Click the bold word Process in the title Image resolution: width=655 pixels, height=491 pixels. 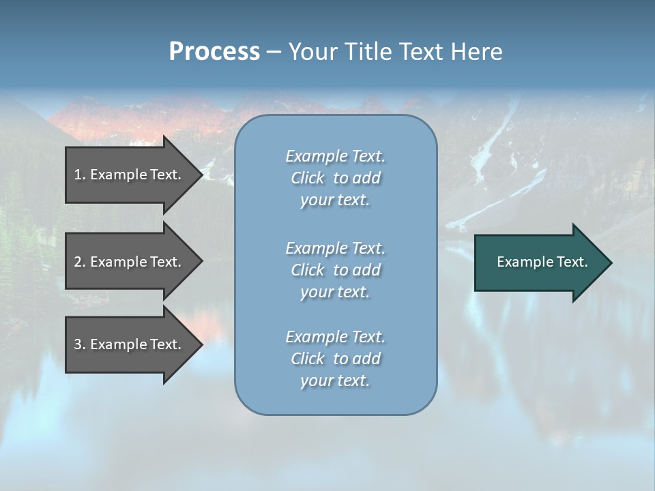(214, 52)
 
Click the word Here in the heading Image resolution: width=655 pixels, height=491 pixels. (476, 52)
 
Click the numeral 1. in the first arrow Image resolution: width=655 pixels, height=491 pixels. (80, 175)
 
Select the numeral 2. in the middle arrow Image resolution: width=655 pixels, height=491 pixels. (80, 262)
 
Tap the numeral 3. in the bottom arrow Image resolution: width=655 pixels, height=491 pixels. (80, 344)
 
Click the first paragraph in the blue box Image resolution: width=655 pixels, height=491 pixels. (335, 178)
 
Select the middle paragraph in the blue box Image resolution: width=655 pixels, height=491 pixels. (335, 269)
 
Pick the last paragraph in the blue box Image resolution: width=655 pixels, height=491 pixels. (335, 358)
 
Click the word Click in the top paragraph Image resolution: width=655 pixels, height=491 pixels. (308, 178)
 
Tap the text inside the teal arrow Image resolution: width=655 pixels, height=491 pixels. (542, 262)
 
